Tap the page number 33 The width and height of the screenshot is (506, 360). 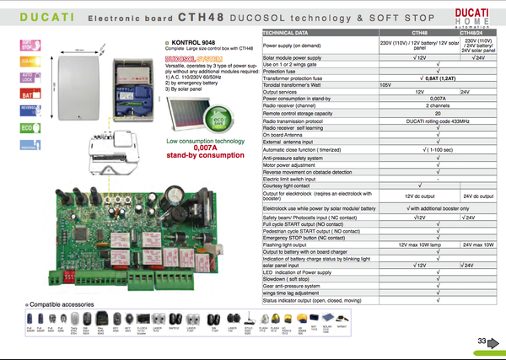(x=482, y=340)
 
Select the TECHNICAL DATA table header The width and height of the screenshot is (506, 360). (x=291, y=30)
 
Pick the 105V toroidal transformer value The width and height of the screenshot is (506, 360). (x=386, y=85)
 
